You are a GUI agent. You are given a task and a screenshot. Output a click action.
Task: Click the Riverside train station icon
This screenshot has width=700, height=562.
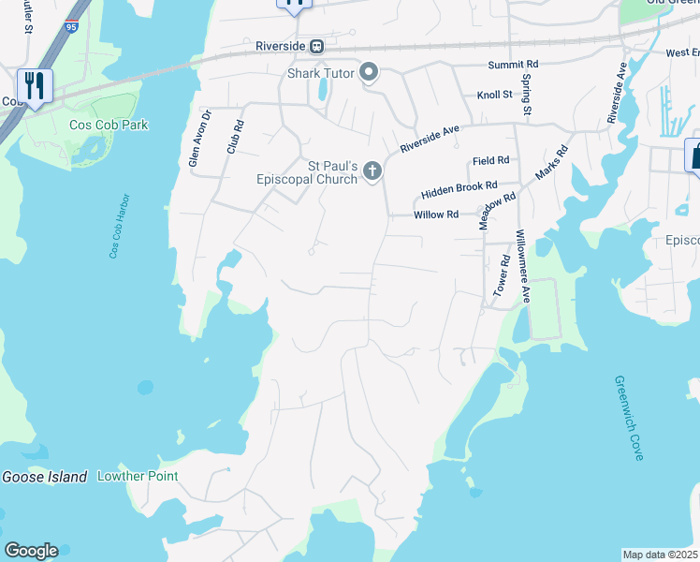[x=317, y=46]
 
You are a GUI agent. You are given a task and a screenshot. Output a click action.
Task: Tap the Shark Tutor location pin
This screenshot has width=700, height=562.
[x=369, y=72]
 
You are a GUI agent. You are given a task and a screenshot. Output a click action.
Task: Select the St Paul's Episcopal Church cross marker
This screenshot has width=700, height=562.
[x=372, y=170]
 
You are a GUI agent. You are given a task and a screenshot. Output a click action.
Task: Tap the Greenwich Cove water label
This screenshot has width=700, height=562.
[x=628, y=418]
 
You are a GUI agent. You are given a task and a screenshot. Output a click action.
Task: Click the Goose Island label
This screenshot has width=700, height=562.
[x=44, y=477]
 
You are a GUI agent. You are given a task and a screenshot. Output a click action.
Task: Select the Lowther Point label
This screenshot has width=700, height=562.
[x=138, y=477]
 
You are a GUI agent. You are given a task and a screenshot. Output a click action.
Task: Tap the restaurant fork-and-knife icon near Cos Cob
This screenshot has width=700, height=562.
[x=35, y=86]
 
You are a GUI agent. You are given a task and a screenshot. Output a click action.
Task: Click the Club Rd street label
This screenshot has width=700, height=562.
[x=234, y=136]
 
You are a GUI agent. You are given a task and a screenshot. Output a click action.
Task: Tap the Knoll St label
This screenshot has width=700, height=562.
[x=494, y=95]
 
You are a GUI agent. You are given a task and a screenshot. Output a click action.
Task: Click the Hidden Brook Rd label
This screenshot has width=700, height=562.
[x=459, y=189]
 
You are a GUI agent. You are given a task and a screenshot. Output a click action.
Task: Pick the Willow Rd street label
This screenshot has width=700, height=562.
[x=436, y=214]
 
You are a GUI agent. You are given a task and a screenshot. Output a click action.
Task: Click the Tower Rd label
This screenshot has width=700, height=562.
[x=501, y=275]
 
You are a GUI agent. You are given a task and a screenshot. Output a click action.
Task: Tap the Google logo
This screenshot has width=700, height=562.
[x=31, y=551]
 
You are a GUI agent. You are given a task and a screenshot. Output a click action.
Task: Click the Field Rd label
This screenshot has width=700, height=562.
[x=490, y=161]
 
